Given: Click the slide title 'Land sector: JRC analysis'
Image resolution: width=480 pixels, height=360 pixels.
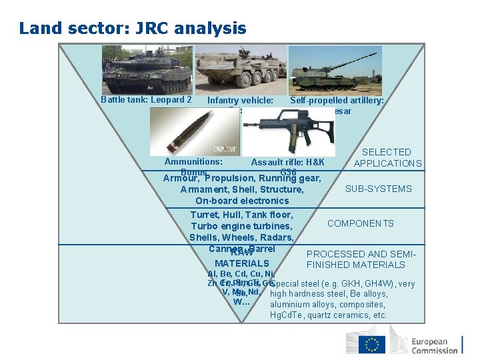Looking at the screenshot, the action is [x=133, y=29].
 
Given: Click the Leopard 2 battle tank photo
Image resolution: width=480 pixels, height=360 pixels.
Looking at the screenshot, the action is [x=147, y=69].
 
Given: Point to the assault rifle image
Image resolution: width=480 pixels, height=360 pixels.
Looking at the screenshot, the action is [x=279, y=131].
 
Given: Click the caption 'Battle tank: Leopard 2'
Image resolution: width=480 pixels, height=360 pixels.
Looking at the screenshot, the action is [x=146, y=100].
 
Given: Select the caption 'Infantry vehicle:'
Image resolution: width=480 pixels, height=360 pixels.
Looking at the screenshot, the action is [x=240, y=101].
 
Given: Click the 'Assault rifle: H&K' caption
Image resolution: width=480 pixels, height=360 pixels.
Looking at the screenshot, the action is [x=287, y=162].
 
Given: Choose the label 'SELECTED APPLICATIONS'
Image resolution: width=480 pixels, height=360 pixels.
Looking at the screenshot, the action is [x=387, y=157].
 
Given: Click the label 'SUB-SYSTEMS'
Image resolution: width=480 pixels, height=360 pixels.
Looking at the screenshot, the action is [x=378, y=189].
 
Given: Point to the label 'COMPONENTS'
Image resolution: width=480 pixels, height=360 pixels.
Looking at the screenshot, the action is [x=360, y=223].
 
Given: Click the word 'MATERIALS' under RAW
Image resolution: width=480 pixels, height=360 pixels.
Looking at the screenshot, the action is [x=241, y=264].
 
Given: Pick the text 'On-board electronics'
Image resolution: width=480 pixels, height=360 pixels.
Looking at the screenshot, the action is [x=242, y=201].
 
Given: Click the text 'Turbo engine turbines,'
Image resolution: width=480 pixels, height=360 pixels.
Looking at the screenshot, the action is [x=242, y=226].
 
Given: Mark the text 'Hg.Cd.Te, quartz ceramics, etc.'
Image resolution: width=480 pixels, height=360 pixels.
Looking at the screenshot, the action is [x=328, y=315].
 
